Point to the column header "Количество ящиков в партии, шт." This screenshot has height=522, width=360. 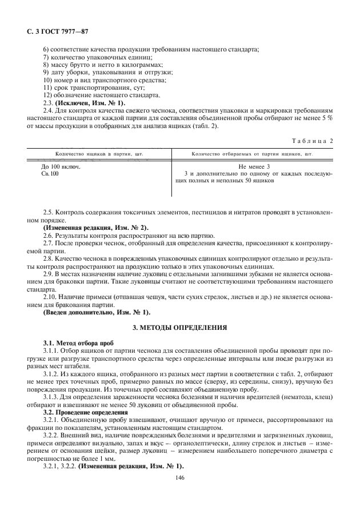tap(99, 154)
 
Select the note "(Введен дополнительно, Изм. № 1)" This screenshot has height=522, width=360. tap(97, 312)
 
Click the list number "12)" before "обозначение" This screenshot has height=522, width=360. tap(48, 95)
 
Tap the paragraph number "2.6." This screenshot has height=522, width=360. tap(49, 236)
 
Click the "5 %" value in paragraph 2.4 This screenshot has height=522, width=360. tap(327, 118)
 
